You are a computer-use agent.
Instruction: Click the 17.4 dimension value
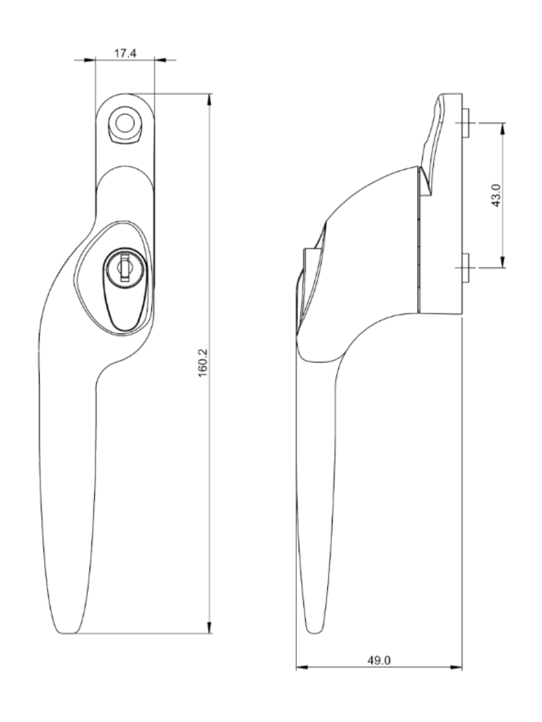pyautogui.click(x=125, y=54)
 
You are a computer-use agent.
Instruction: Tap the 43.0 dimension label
pyautogui.click(x=497, y=195)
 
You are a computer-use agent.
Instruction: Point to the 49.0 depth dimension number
pyautogui.click(x=379, y=660)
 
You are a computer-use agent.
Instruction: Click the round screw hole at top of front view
pyautogui.click(x=125, y=123)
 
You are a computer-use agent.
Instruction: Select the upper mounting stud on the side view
pyautogui.click(x=466, y=123)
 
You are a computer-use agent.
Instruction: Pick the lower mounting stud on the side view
pyautogui.click(x=466, y=267)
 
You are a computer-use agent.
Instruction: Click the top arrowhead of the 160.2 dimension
pyautogui.click(x=209, y=99)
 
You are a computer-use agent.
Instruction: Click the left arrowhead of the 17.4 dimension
pyautogui.click(x=90, y=60)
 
